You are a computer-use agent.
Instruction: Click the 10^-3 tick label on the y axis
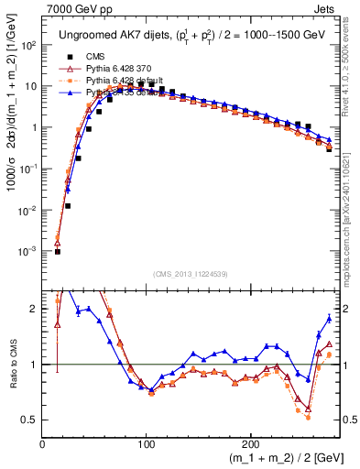[27, 251]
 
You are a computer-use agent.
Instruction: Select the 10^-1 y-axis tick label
[27, 169]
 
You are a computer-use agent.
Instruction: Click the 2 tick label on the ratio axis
[35, 309]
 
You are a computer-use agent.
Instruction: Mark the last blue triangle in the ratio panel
[329, 318]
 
